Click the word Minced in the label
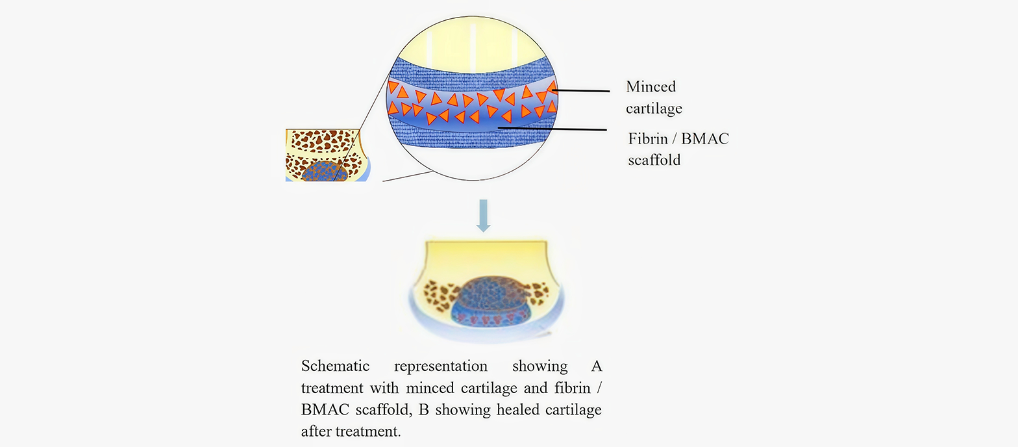point(651,86)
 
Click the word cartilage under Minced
point(654,109)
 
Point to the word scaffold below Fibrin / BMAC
point(654,160)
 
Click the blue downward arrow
point(483,216)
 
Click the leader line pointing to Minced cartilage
point(580,90)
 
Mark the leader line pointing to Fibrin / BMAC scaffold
point(552,129)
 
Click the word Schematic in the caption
point(336,366)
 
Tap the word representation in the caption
point(440,366)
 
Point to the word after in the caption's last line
point(316,431)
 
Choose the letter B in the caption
point(423,409)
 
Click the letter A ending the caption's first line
point(596,366)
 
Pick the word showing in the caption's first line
point(540,366)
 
